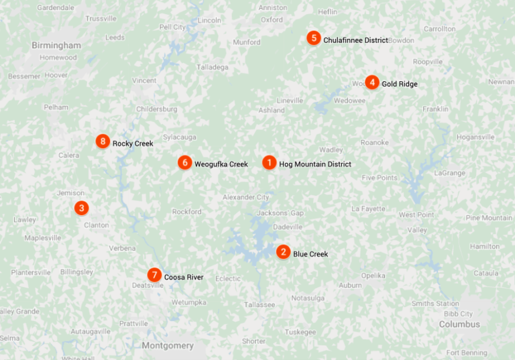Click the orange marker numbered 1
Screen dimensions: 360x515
pos(269,163)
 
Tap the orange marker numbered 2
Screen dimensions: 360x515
pos(283,253)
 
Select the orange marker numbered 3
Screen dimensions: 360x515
pos(81,208)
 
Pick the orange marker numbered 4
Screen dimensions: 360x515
pos(371,82)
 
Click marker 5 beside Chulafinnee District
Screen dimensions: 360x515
pos(313,39)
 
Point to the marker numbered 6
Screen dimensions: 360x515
pos(184,163)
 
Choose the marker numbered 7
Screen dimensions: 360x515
pos(154,276)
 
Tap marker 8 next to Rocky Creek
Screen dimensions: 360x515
pos(102,141)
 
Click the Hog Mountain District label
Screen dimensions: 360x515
pos(315,164)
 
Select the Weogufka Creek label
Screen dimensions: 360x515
pos(221,164)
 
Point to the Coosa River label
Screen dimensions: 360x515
pos(184,277)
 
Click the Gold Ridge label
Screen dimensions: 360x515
pos(400,84)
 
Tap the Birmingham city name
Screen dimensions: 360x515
pos(56,46)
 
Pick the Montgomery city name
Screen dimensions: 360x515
pos(168,346)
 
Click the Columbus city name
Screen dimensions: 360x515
pos(459,324)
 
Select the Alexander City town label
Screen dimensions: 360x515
pos(246,197)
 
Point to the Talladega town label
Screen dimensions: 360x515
pos(212,67)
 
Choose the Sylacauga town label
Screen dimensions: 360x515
pos(180,137)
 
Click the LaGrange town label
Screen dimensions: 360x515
pos(449,173)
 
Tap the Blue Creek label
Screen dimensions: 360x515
pos(310,254)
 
